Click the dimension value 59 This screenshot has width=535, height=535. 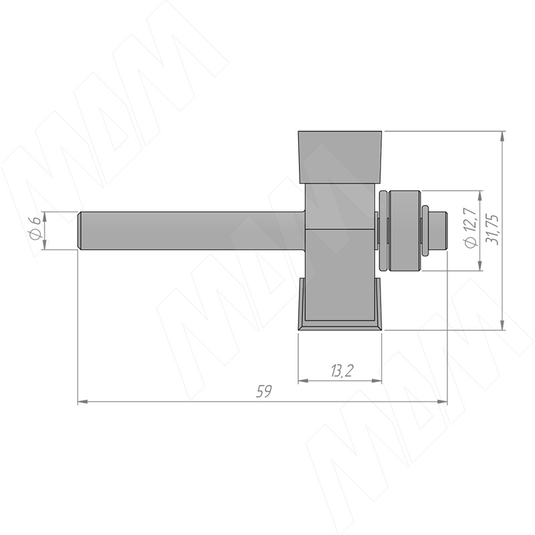[x=264, y=391]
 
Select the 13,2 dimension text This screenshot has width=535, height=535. [x=341, y=370]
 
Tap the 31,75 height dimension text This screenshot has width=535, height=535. [x=492, y=229]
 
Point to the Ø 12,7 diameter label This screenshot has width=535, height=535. [x=471, y=227]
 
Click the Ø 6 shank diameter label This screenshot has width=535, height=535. [x=35, y=225]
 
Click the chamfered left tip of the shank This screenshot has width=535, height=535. [x=80, y=231]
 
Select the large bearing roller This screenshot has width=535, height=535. [x=405, y=231]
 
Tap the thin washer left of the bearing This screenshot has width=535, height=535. [x=383, y=231]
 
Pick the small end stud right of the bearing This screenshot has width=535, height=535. [x=438, y=231]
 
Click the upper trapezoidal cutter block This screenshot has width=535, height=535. [x=340, y=157]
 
